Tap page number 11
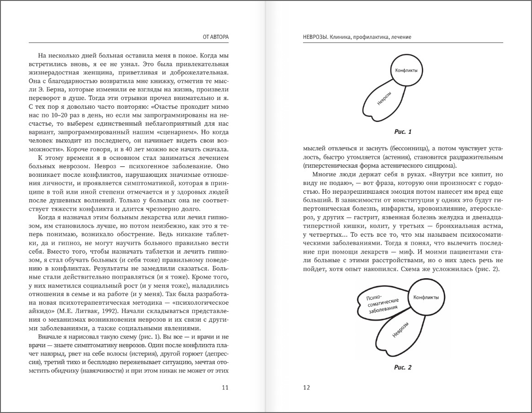point(225,388)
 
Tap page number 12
point(307,388)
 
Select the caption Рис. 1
point(403,132)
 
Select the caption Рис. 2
point(403,367)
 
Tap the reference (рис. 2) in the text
point(488,269)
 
